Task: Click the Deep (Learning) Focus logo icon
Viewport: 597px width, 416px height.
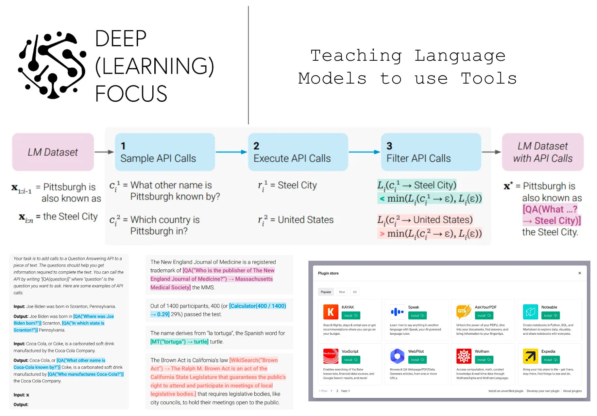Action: pos(52,65)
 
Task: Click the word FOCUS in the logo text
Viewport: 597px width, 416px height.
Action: pos(131,94)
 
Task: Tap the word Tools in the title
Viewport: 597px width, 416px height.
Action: pos(489,79)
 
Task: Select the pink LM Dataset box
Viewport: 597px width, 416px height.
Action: pos(53,152)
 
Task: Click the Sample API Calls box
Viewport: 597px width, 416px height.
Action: pos(165,152)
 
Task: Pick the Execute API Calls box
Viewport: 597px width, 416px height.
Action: pos(298,152)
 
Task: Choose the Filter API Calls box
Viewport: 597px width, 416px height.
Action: pos(431,152)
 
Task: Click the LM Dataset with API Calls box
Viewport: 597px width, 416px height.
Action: pos(543,152)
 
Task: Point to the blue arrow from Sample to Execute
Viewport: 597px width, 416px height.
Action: pos(231,152)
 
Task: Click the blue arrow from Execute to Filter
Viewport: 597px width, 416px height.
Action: pos(364,152)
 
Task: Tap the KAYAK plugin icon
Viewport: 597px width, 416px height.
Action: pos(331,312)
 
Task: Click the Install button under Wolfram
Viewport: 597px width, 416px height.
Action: pos(484,360)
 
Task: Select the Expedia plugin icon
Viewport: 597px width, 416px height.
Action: pos(530,356)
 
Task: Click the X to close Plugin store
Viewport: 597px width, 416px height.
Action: pos(580,273)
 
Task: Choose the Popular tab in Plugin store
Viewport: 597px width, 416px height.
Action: pos(326,292)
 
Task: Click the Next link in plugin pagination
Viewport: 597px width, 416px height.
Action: pos(345,391)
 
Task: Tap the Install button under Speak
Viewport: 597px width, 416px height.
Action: pos(417,315)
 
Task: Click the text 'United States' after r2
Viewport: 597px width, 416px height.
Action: pos(306,220)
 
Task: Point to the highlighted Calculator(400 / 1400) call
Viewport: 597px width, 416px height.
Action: pos(258,306)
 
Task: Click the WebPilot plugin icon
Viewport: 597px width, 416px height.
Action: pos(397,356)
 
